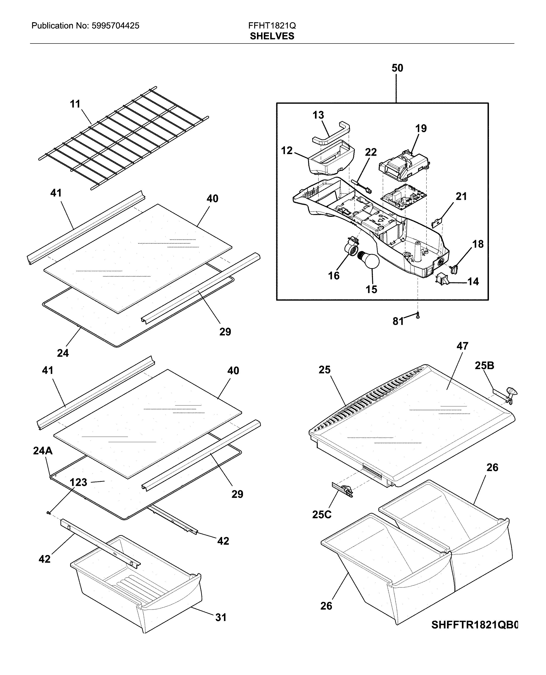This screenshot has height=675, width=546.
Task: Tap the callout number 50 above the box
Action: click(x=397, y=68)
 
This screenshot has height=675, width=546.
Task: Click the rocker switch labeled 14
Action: click(x=442, y=279)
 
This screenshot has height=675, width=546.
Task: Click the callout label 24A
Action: click(x=43, y=451)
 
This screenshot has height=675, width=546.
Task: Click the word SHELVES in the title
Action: click(x=272, y=36)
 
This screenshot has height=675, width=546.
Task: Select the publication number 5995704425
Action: click(x=116, y=26)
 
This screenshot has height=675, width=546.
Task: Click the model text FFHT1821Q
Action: click(x=272, y=25)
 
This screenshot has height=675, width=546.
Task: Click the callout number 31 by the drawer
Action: click(x=221, y=618)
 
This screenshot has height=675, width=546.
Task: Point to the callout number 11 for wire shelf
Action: click(x=75, y=104)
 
